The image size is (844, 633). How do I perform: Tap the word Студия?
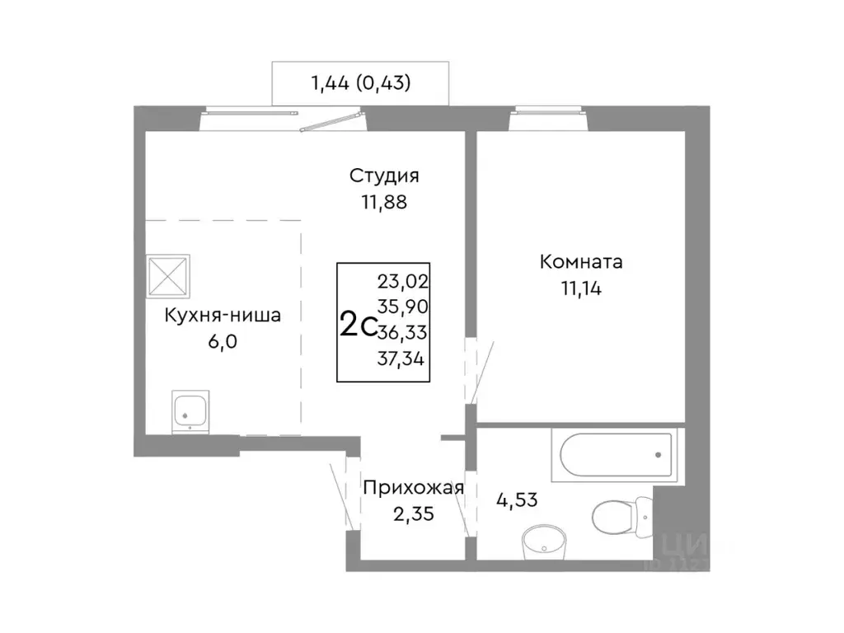pyautogui.click(x=384, y=176)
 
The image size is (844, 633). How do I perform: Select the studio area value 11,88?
pyautogui.click(x=384, y=201)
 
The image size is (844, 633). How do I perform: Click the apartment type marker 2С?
pyautogui.click(x=358, y=326)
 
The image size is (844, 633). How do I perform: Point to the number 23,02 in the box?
pyautogui.click(x=404, y=280)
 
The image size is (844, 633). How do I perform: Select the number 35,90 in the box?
pyautogui.click(x=404, y=306)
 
